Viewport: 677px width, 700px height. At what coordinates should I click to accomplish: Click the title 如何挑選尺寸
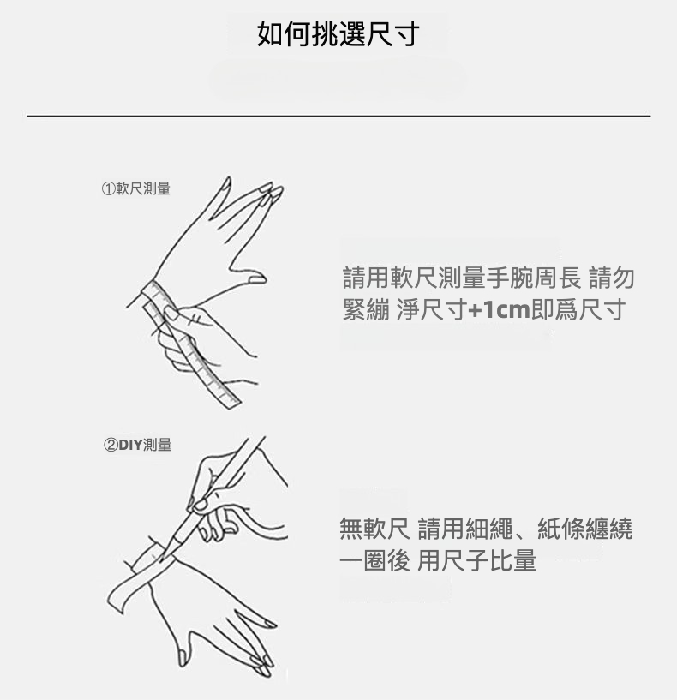coord(338,34)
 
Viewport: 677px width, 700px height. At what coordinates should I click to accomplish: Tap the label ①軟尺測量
coord(136,188)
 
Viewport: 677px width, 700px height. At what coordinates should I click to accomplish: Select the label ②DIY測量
coord(138,445)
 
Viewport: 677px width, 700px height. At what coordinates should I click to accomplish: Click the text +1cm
coord(499,309)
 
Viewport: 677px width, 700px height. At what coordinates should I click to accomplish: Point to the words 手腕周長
coord(534,278)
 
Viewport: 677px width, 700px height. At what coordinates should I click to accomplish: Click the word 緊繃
coord(366,309)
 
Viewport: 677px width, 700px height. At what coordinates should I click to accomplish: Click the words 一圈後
coord(374,560)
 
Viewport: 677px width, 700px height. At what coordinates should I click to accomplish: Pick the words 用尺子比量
coord(477,560)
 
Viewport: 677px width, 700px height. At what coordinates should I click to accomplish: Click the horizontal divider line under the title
coord(338,116)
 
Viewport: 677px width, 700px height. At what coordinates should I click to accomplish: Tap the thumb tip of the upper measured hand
coord(258,280)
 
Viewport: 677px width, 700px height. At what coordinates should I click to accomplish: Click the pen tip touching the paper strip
coord(162,557)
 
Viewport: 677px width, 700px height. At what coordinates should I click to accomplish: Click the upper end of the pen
coord(261,440)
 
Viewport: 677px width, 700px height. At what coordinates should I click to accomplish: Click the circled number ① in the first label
coord(109,188)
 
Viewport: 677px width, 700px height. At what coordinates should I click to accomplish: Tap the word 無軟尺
coord(374,529)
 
